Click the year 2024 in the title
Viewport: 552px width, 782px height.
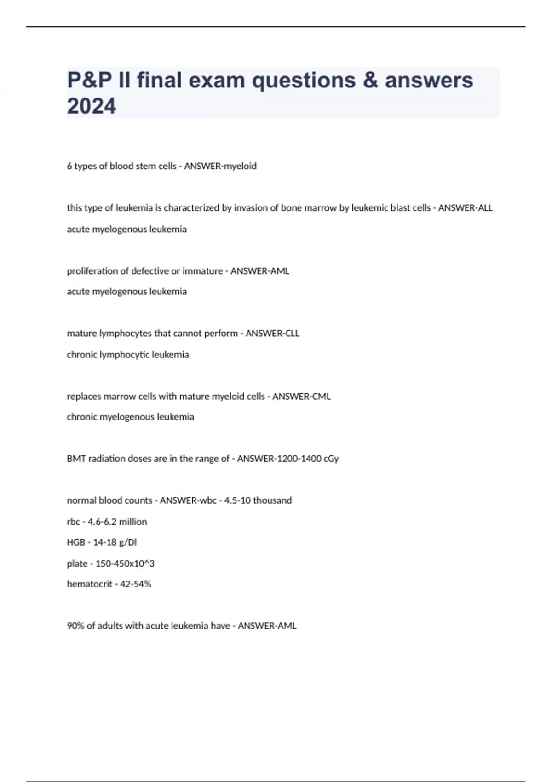point(92,106)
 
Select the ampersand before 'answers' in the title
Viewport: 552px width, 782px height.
point(370,80)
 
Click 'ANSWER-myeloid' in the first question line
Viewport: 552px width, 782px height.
point(220,166)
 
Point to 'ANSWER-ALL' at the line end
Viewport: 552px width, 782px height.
point(465,208)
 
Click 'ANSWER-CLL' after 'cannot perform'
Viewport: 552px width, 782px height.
point(272,333)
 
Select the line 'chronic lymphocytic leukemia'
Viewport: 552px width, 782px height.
point(128,355)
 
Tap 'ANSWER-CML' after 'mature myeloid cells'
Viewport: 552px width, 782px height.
point(301,397)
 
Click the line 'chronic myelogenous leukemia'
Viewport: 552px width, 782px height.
point(130,417)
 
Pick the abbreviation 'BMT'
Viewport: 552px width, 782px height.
point(76,459)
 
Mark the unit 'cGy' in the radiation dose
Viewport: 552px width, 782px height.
point(332,459)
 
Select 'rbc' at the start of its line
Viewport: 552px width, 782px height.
point(73,522)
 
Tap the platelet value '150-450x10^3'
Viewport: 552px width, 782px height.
point(125,563)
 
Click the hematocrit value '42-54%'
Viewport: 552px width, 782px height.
point(136,584)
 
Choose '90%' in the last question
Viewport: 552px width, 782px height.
point(76,626)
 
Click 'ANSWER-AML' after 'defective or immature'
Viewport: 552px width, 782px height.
point(260,271)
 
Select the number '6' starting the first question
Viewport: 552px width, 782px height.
point(69,166)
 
